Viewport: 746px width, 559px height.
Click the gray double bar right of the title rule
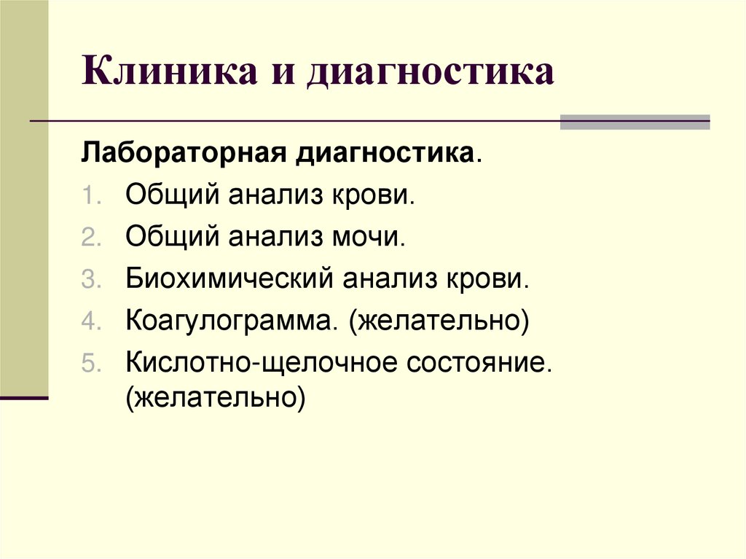[635, 122]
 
